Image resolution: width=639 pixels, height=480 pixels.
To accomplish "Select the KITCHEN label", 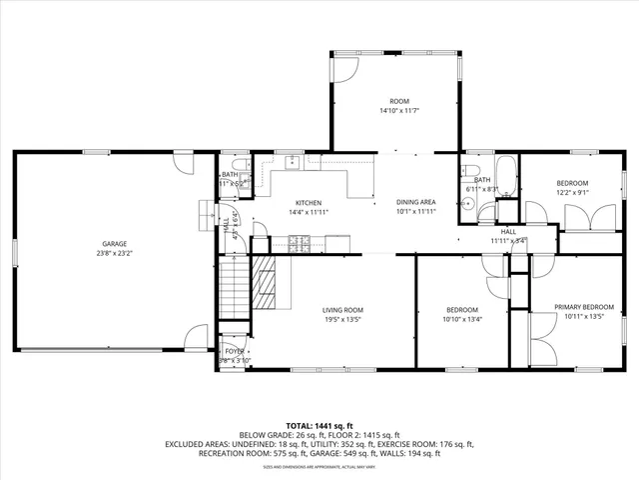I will [x=307, y=203].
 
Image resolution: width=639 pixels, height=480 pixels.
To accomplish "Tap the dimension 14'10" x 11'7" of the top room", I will [x=399, y=111].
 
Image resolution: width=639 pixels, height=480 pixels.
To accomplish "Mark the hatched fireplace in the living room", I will [x=264, y=285].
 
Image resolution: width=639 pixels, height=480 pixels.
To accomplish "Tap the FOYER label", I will [x=233, y=351].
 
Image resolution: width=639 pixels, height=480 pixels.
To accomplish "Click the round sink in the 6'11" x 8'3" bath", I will [x=467, y=203].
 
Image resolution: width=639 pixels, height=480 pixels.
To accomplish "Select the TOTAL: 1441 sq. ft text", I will [x=319, y=426].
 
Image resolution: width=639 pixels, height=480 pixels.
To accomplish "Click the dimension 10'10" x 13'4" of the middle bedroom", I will [x=461, y=320].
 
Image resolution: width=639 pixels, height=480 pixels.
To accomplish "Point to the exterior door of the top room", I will [x=342, y=68].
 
